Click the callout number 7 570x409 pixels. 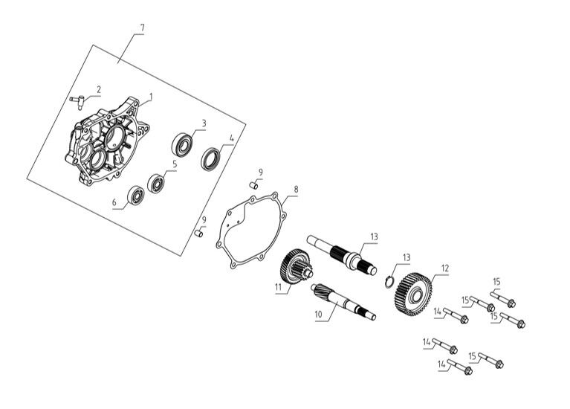point(141,28)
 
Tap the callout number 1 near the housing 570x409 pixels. point(150,96)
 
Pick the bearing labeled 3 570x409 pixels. point(183,141)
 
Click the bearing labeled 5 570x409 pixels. point(156,182)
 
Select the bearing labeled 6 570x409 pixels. point(136,196)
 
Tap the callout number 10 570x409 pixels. point(319,315)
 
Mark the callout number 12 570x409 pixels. point(445,268)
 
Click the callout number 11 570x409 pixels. point(278,286)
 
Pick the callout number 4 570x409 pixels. point(232,138)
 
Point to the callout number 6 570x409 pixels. point(114,202)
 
